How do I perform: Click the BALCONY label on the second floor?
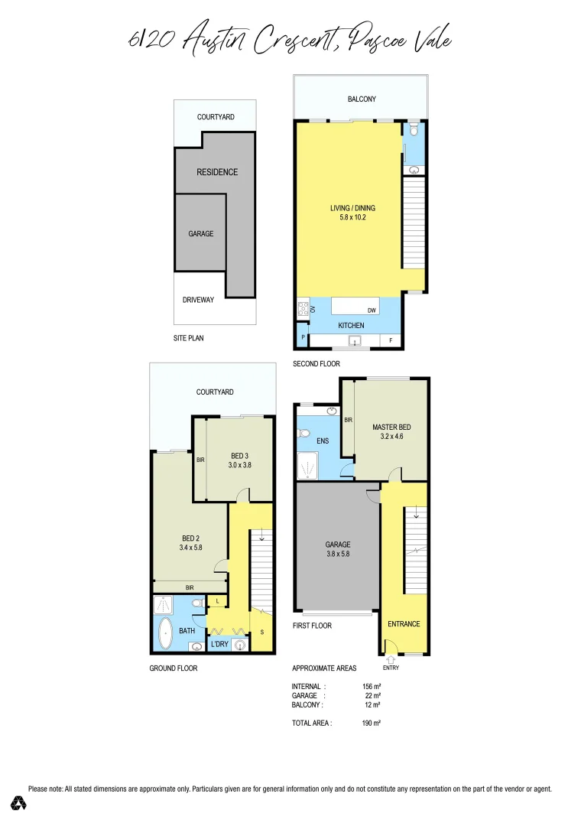(x=362, y=99)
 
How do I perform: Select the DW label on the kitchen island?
(x=372, y=310)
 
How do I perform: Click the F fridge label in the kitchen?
(x=391, y=341)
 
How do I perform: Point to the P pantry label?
(x=303, y=337)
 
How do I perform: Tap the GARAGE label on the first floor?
(x=337, y=545)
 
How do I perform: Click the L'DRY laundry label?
(x=219, y=645)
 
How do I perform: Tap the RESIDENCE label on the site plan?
(x=217, y=172)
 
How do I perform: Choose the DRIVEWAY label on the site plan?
(x=198, y=300)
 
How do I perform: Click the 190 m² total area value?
(x=372, y=723)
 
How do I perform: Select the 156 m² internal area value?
(x=372, y=687)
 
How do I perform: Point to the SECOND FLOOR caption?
(x=316, y=364)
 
